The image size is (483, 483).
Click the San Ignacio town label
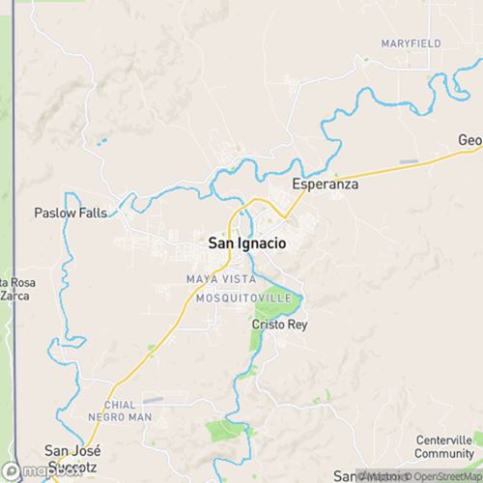(246, 244)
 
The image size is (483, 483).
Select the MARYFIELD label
(411, 44)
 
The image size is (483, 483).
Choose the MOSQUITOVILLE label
(241, 298)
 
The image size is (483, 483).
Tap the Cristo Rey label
(278, 325)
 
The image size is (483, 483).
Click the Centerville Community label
(442, 446)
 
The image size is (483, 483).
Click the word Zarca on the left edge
(13, 297)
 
